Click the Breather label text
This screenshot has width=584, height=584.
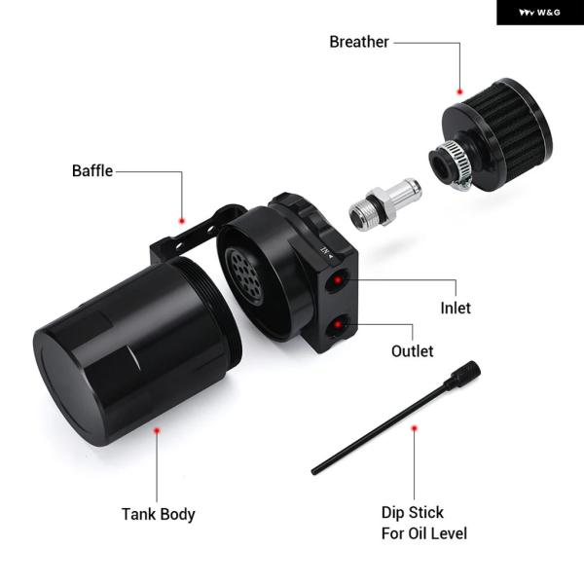[x=359, y=42]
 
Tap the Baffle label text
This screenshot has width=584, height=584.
[x=92, y=171]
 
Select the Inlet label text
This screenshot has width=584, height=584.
[x=456, y=308]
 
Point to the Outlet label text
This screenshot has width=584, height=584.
[x=413, y=351]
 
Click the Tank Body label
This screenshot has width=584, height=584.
[x=159, y=514]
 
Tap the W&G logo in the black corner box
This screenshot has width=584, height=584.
[x=539, y=13]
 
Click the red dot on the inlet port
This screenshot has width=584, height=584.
[x=338, y=279]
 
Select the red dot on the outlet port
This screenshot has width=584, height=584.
[x=338, y=324]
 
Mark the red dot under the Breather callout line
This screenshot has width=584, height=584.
[x=460, y=91]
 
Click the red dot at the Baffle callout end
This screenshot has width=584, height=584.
[x=182, y=221]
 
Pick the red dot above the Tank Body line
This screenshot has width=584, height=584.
[x=157, y=430]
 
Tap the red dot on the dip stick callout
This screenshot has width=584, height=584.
[x=415, y=428]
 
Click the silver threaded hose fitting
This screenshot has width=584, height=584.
[x=385, y=204]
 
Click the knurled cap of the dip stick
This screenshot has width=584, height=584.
[x=466, y=375]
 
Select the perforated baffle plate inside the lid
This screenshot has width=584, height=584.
[x=244, y=276]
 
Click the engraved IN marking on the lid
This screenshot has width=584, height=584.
[x=327, y=252]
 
